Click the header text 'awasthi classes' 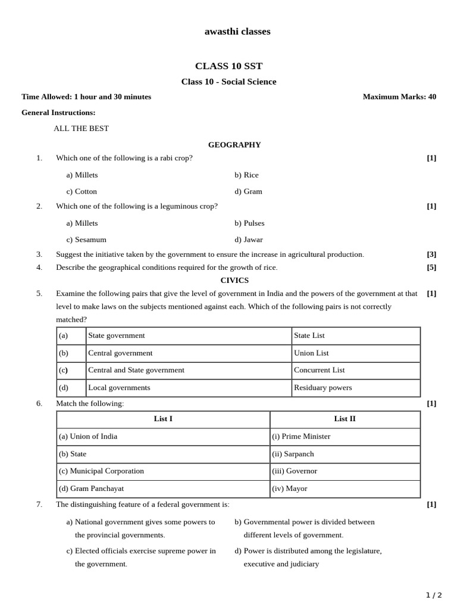pyautogui.click(x=237, y=32)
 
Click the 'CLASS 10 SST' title pyautogui.click(x=228, y=66)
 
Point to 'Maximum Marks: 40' pyautogui.click(x=399, y=97)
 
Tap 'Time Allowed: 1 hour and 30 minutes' pyautogui.click(x=86, y=97)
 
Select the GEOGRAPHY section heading pyautogui.click(x=234, y=145)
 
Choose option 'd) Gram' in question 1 pyautogui.click(x=248, y=191)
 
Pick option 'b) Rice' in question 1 pyautogui.click(x=246, y=175)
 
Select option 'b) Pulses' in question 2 pyautogui.click(x=249, y=223)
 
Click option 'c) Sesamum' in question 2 pyautogui.click(x=86, y=239)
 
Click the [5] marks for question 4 pyautogui.click(x=431, y=267)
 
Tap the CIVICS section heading pyautogui.click(x=234, y=280)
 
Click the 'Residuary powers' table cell pyautogui.click(x=323, y=388)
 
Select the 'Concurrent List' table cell pyautogui.click(x=320, y=370)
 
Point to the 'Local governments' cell pyautogui.click(x=119, y=388)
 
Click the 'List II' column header pyautogui.click(x=345, y=419)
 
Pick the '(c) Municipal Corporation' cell pyautogui.click(x=101, y=471)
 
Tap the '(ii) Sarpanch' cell pyautogui.click(x=293, y=454)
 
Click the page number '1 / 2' pyautogui.click(x=434, y=595)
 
